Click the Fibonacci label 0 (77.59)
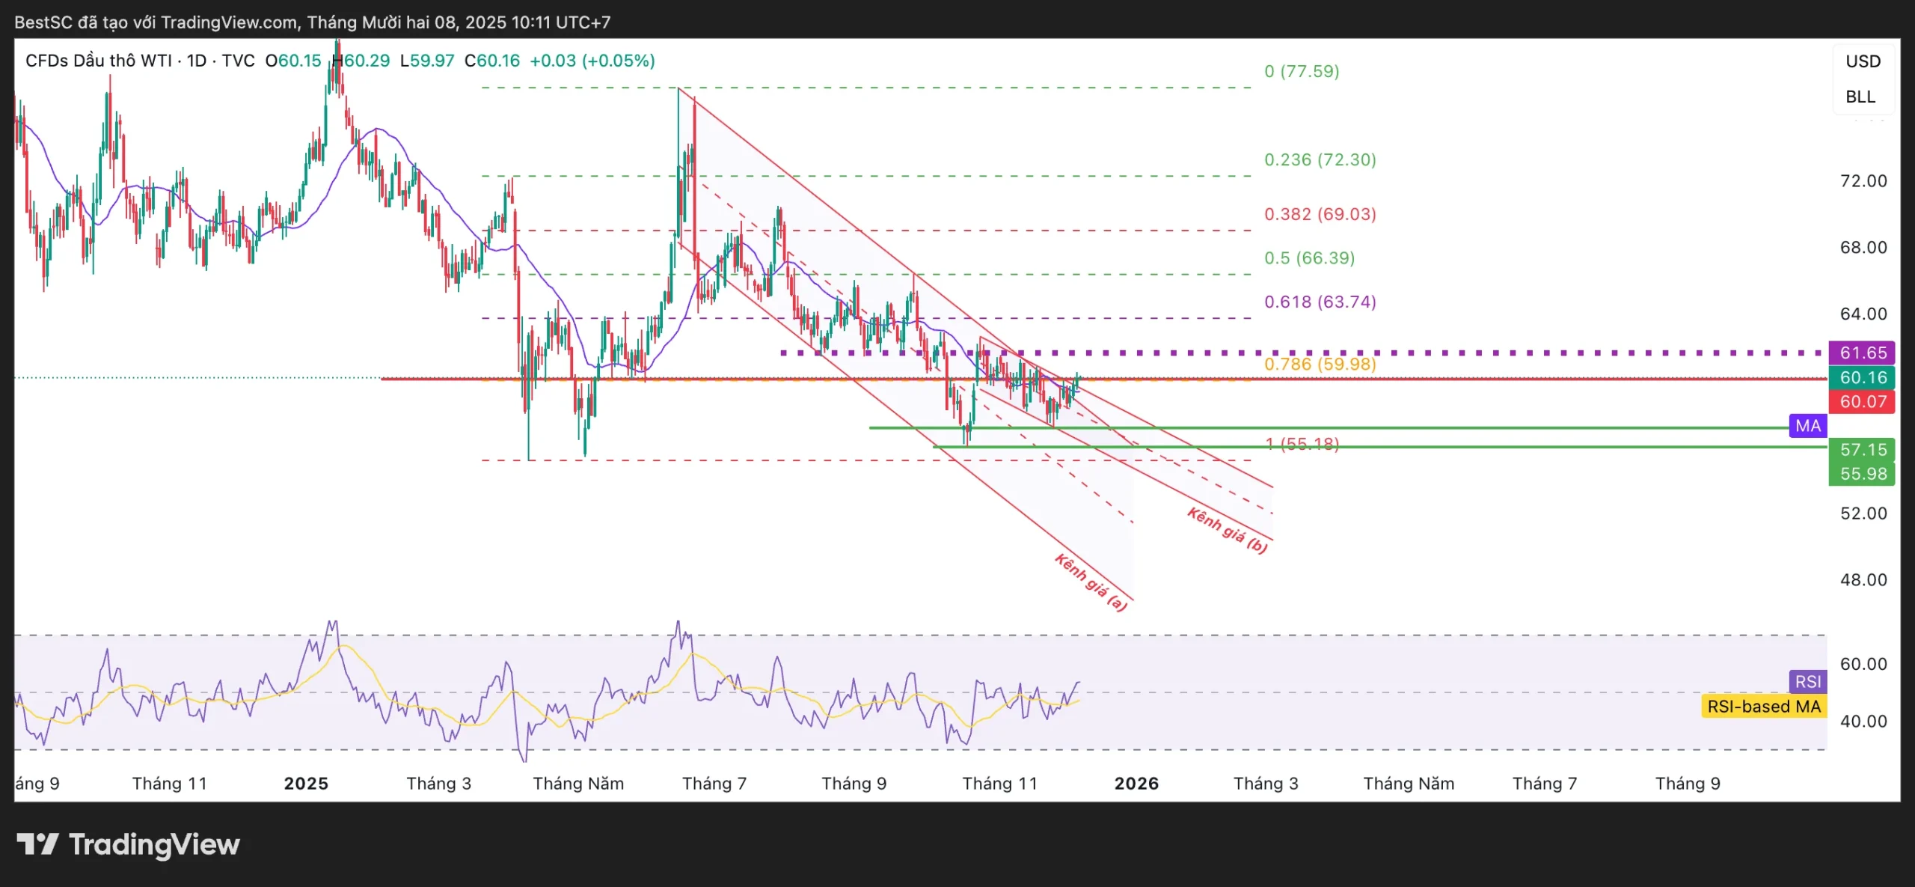[x=1302, y=71]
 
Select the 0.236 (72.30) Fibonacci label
[x=1320, y=159]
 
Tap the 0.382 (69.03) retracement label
[x=1320, y=214]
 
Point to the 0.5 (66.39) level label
[x=1309, y=258]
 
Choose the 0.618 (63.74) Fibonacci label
[x=1320, y=302]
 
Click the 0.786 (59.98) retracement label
[x=1320, y=365]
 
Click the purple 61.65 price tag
[x=1863, y=353]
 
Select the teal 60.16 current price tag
[x=1863, y=377]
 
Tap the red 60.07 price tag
[x=1863, y=402]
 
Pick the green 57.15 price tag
[x=1863, y=450]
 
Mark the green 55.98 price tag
[x=1863, y=474]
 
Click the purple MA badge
[x=1808, y=426]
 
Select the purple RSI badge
[x=1808, y=682]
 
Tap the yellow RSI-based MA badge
[x=1763, y=707]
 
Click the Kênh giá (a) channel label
[x=1091, y=582]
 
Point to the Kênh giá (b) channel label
[x=1228, y=530]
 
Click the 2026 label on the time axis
[x=1136, y=784]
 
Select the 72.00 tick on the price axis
[x=1863, y=181]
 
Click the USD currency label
[x=1863, y=61]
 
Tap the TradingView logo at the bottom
[x=129, y=845]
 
